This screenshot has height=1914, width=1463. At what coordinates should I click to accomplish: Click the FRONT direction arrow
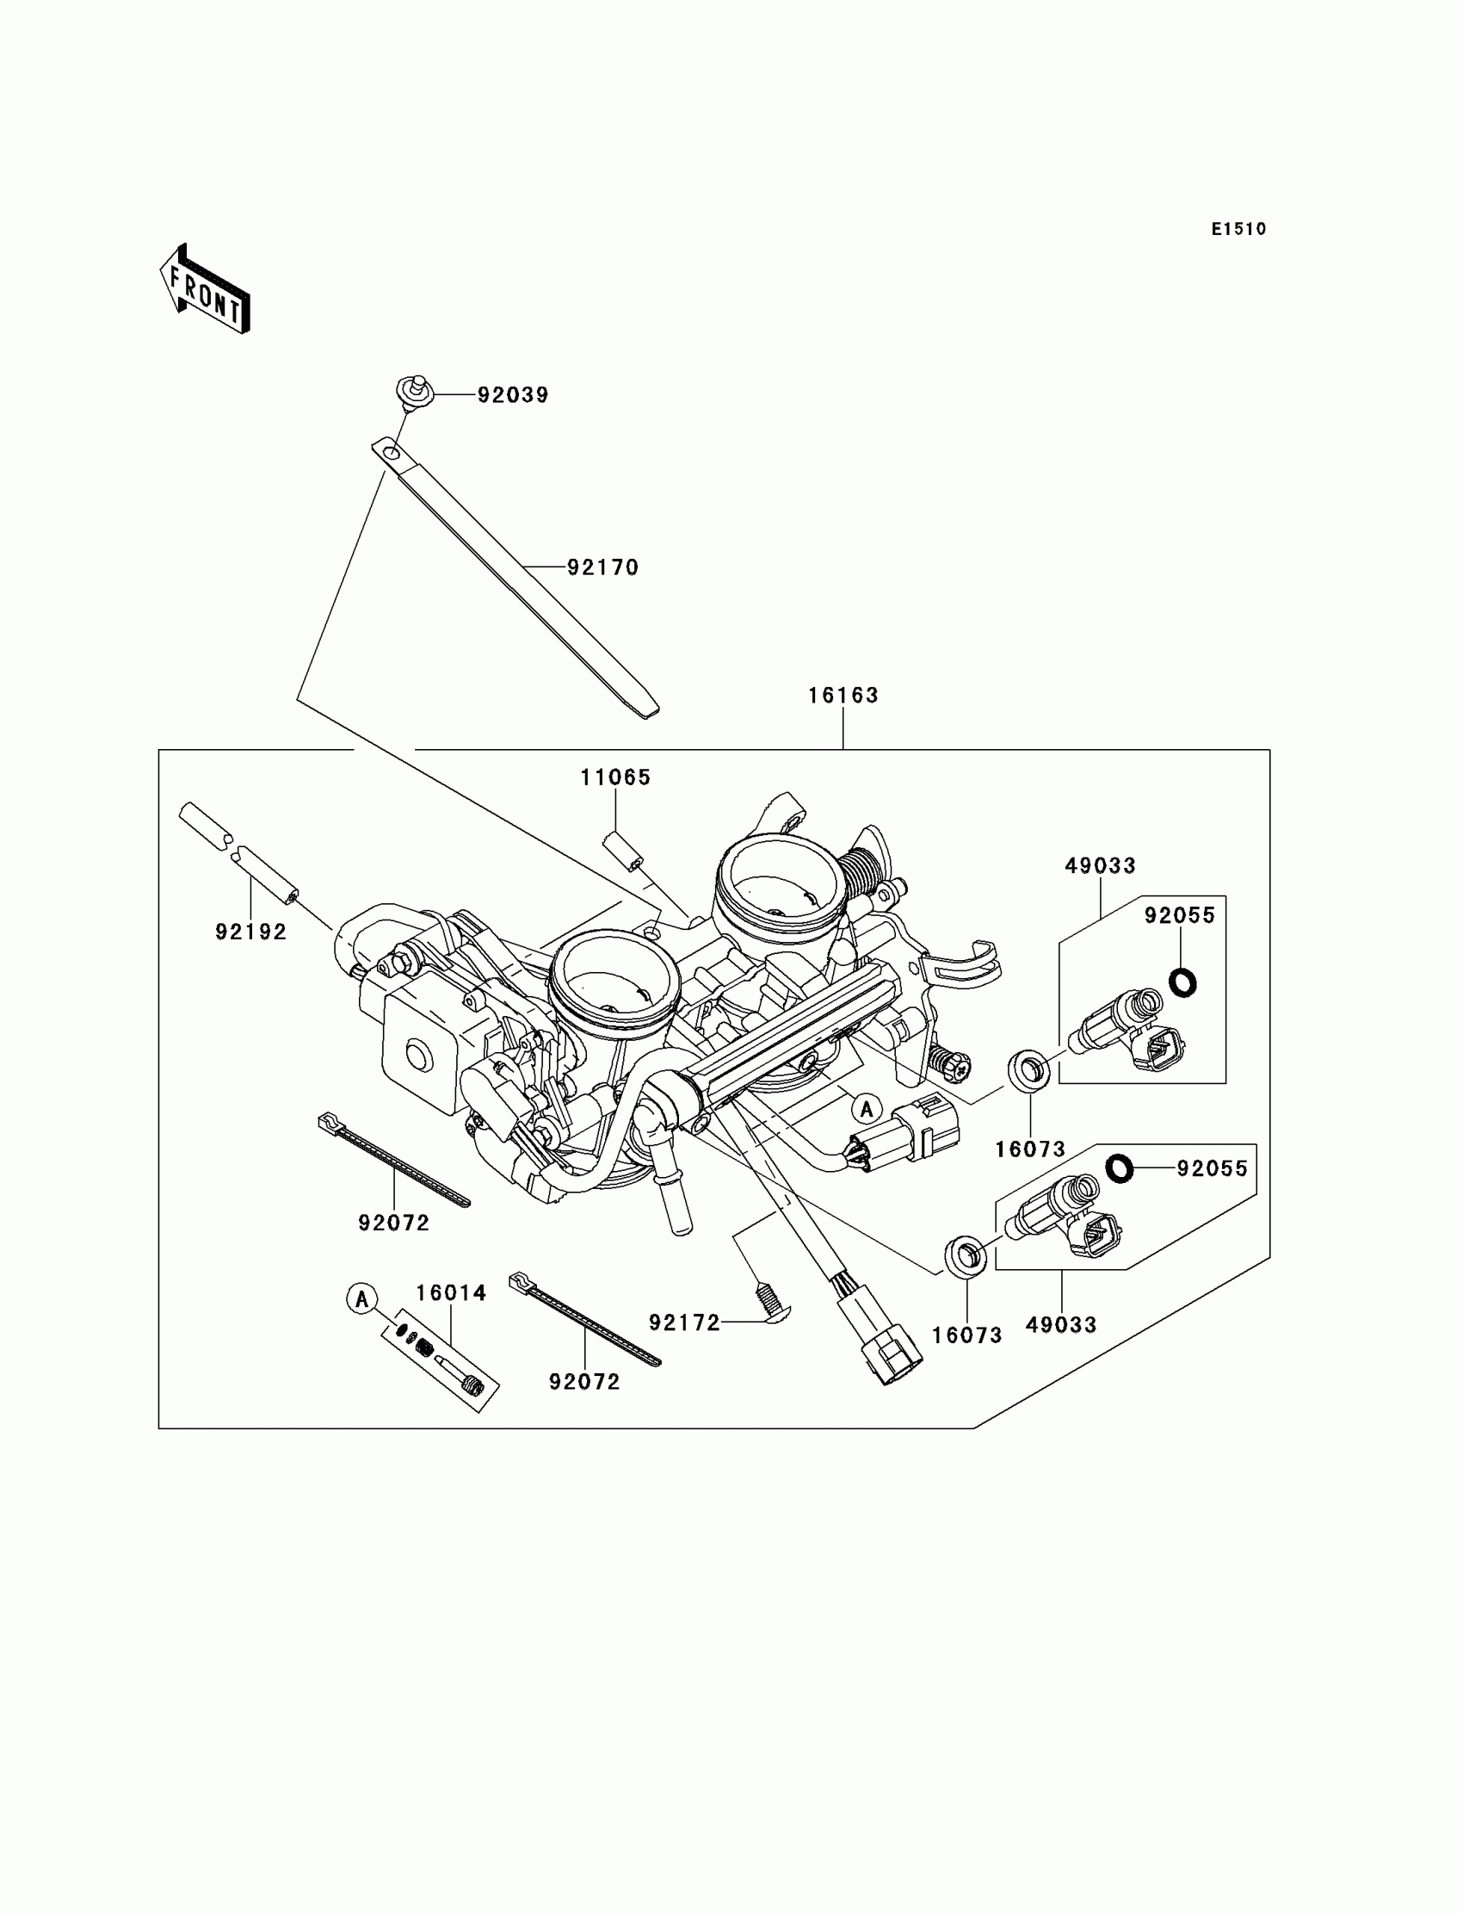[206, 290]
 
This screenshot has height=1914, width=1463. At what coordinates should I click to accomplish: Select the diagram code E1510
[1238, 229]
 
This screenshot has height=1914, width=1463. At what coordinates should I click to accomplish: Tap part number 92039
[513, 394]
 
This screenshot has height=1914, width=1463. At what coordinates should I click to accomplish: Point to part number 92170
[602, 567]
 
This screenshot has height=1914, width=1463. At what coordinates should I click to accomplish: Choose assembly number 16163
[843, 695]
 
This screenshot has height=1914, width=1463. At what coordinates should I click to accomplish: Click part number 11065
[615, 777]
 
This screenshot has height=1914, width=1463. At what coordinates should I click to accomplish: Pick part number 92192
[250, 932]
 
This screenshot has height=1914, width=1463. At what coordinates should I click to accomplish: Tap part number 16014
[450, 1293]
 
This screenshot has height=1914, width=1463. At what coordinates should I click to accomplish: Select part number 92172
[684, 1323]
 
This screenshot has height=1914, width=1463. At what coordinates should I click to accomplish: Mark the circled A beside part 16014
[361, 1299]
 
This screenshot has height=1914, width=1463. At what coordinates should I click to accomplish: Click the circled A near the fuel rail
[867, 1109]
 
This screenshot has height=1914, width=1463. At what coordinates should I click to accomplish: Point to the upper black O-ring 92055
[1182, 982]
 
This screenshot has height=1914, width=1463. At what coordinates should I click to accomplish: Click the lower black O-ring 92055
[1119, 1168]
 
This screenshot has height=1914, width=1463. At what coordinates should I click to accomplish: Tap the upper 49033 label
[1100, 865]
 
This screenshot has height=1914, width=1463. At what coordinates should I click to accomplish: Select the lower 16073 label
[966, 1335]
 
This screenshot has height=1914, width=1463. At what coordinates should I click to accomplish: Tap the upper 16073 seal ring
[1028, 1069]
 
